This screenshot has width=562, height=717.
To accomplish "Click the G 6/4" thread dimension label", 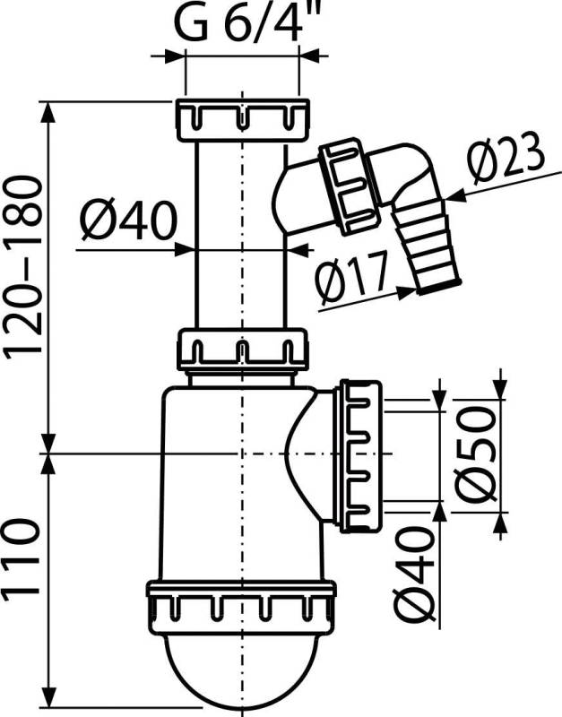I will click(x=240, y=24).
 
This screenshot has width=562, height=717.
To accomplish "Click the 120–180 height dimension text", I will click(x=22, y=269).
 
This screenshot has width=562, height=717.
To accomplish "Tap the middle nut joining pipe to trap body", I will click(x=242, y=348).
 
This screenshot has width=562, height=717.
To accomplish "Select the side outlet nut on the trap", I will click(x=359, y=455).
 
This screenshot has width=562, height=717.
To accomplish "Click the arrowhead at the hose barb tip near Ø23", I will click(x=452, y=193).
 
